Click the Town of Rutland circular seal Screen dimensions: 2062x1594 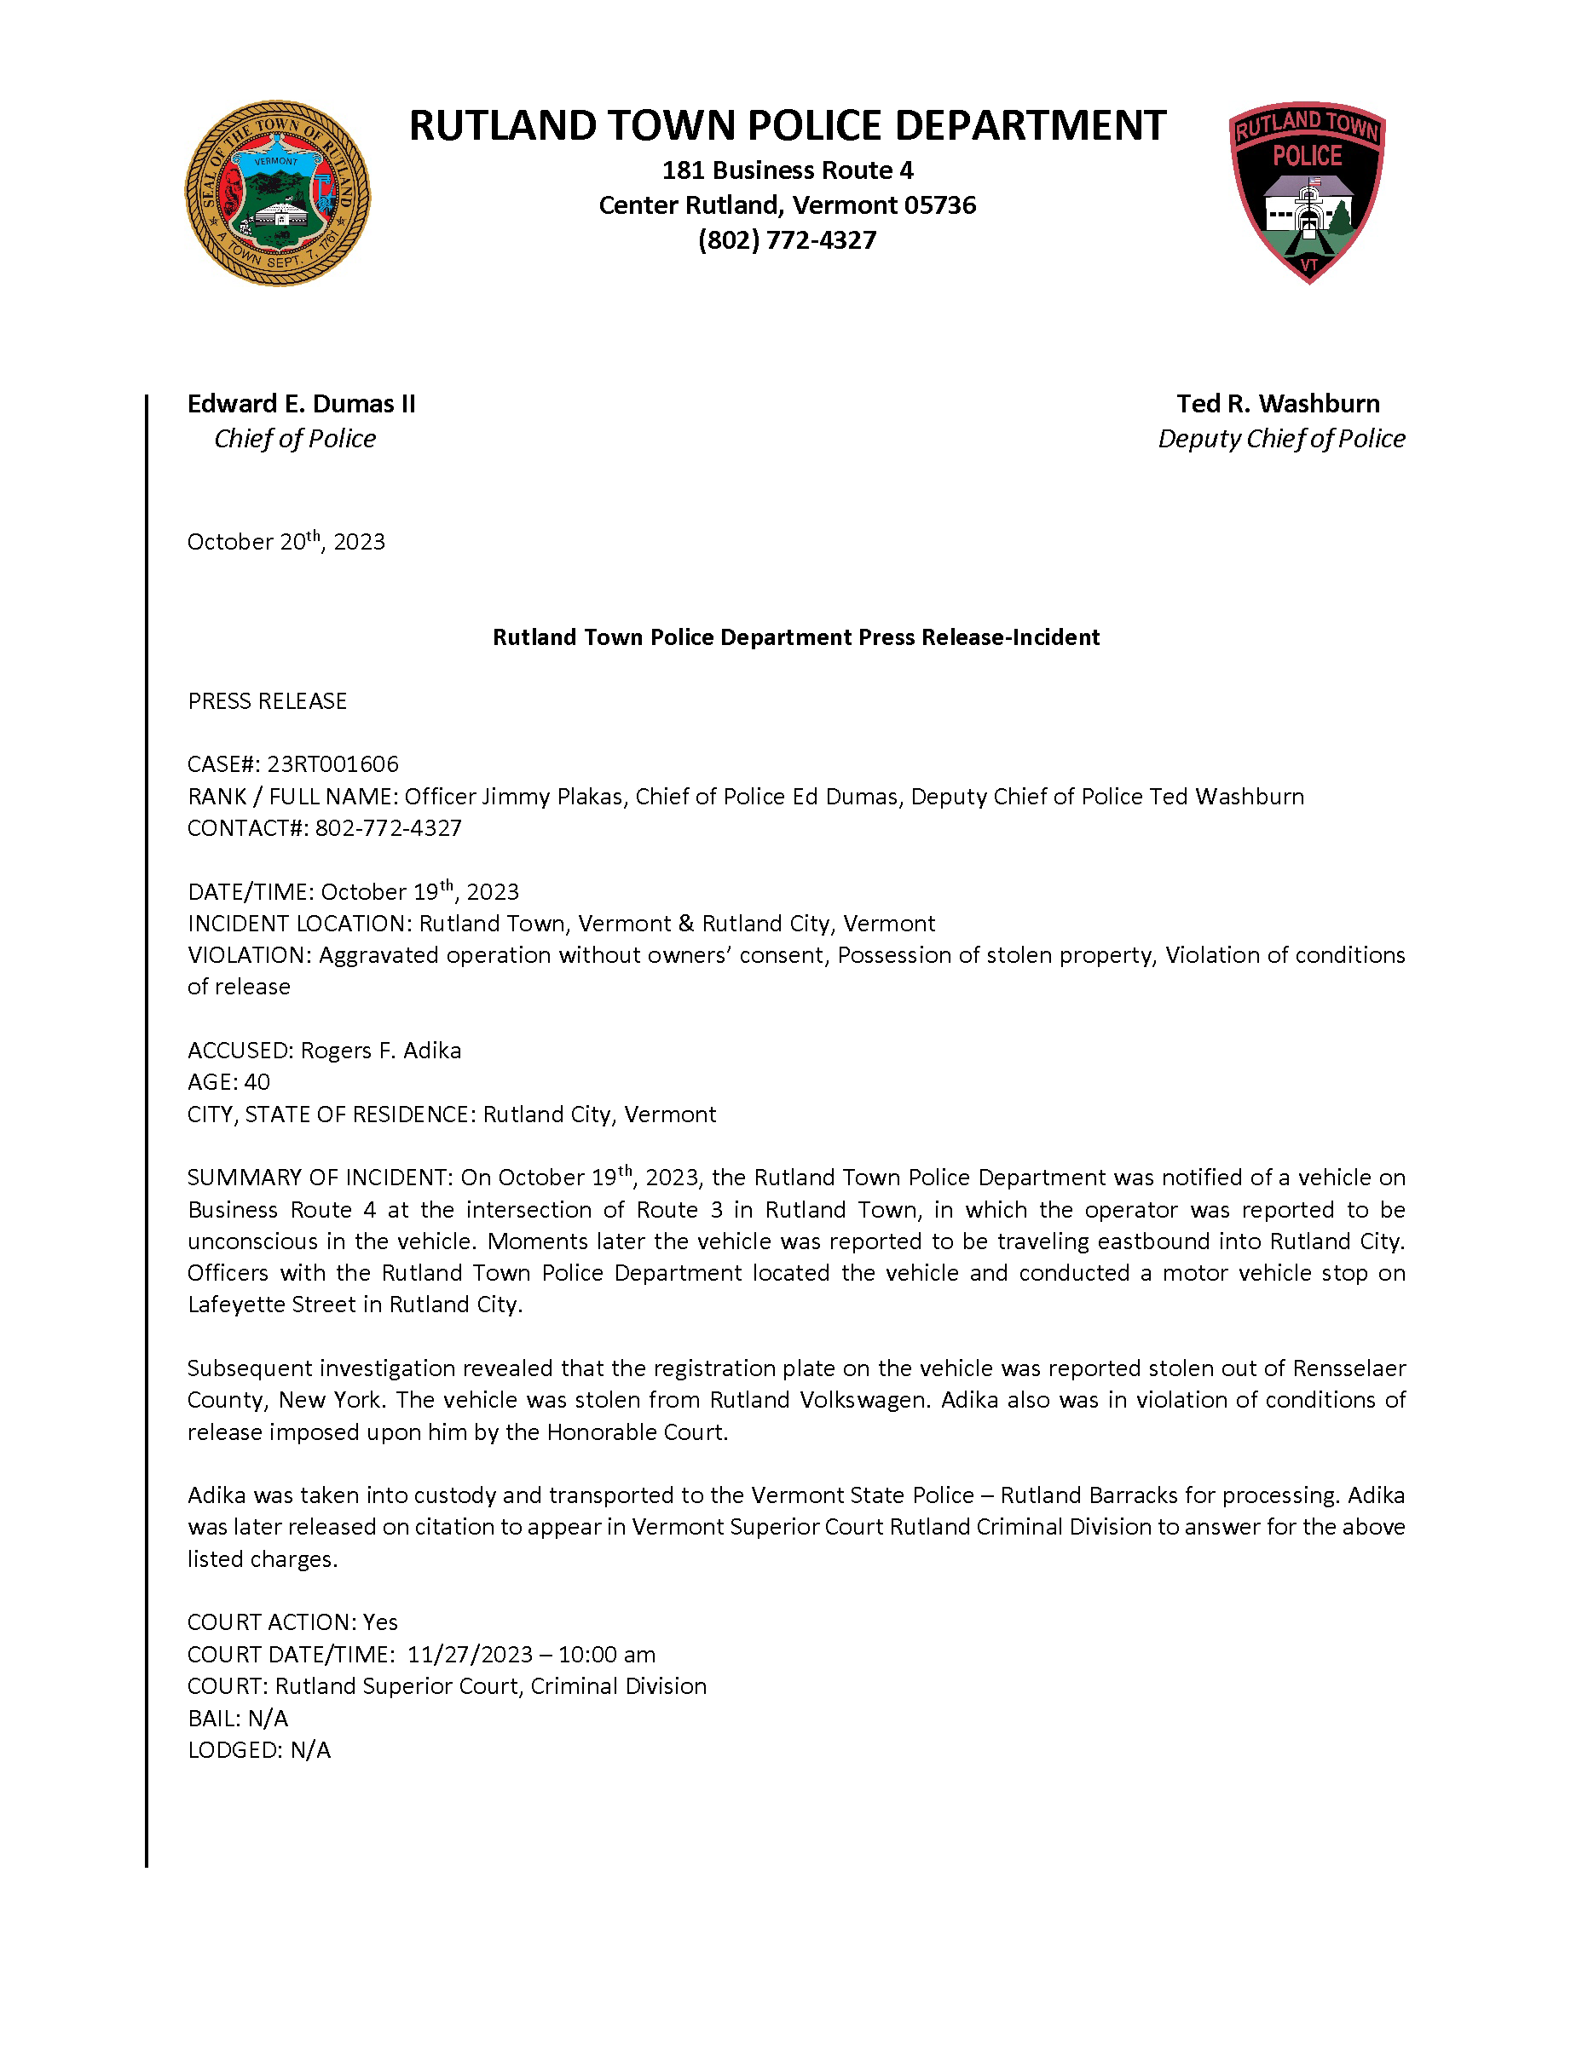pos(278,193)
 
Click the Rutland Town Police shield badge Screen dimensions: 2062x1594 pos(1307,192)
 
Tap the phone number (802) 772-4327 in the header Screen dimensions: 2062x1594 pos(787,239)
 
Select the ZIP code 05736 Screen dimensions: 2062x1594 pos(939,204)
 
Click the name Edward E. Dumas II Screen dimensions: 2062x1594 pos(300,403)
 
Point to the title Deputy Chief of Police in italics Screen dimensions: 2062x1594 pos(1280,438)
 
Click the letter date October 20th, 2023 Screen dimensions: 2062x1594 pos(286,541)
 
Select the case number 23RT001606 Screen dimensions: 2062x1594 pos(332,763)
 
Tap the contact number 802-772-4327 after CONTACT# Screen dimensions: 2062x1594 pos(388,828)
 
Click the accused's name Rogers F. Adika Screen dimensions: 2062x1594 pos(380,1050)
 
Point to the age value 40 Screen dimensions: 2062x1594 pos(257,1082)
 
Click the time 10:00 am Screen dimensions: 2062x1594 pos(606,1654)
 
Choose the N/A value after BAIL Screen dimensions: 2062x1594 pos(269,1718)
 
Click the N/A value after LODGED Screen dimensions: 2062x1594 pos(310,1749)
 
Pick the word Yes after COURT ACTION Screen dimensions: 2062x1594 pos(380,1622)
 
